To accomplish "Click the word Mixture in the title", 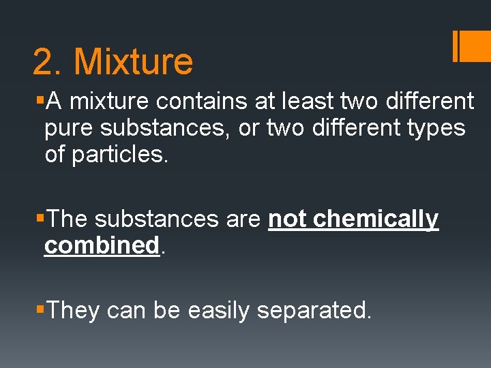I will pos(133,61).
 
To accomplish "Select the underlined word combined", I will pos(102,245).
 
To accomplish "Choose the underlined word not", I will pos(287,219).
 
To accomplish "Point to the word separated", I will pos(314,311).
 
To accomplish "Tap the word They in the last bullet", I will pos(75,311).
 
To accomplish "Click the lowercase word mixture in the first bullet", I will pos(109,102).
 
